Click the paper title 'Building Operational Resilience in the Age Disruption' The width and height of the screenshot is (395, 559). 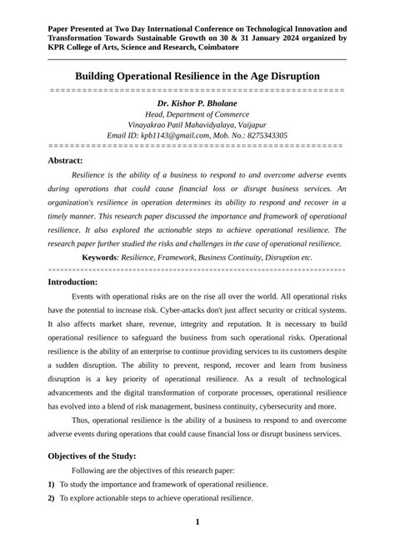pos(197,76)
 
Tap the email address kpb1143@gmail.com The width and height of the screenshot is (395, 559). pos(169,134)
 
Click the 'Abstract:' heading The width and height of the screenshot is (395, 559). pos(65,159)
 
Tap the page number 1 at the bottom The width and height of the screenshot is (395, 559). pos(197,522)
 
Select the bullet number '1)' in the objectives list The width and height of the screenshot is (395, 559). pos(52,484)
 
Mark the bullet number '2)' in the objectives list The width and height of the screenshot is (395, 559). pos(52,498)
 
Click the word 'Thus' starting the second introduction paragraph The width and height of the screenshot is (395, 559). pos(81,420)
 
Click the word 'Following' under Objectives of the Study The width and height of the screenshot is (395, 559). pos(90,471)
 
